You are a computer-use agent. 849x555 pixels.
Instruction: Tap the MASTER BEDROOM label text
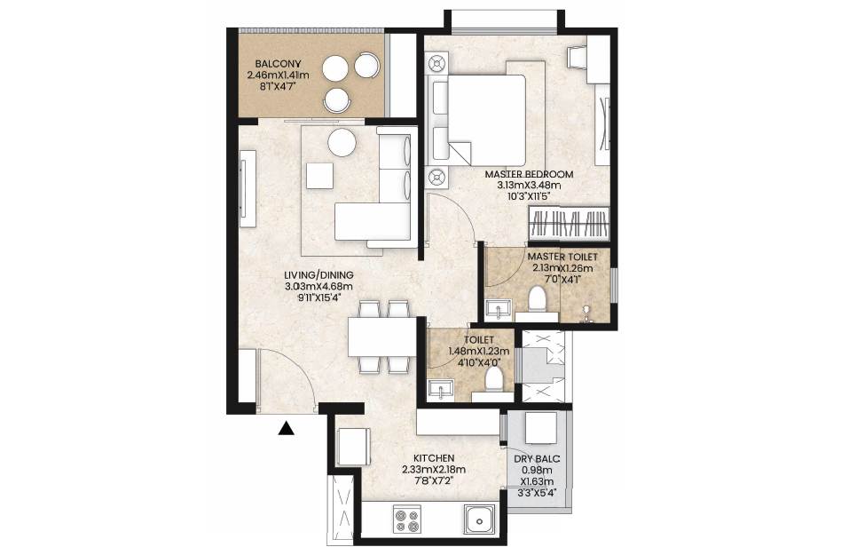[x=529, y=175]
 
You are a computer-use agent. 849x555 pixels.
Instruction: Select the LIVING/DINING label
[x=318, y=275]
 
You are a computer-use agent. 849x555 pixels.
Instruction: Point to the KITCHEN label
[x=434, y=458]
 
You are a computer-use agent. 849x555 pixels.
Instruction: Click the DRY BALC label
[x=537, y=459]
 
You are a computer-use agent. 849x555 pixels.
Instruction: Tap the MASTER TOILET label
[x=562, y=257]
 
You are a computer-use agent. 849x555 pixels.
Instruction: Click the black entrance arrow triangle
[x=287, y=429]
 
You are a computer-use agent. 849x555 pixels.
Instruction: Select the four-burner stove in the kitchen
[x=407, y=519]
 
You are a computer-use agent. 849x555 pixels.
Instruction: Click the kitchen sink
[x=479, y=519]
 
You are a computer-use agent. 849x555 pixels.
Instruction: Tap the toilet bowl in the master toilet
[x=537, y=299]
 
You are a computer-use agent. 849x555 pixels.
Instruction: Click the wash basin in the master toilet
[x=497, y=308]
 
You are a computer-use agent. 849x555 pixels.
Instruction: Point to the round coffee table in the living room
[x=342, y=143]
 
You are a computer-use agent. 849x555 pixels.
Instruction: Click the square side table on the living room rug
[x=319, y=176]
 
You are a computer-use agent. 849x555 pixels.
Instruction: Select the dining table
[x=382, y=337]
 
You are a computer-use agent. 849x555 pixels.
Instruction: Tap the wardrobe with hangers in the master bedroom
[x=569, y=223]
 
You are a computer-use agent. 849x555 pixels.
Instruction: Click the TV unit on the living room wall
[x=248, y=189]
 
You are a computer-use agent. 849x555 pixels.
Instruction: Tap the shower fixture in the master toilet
[x=585, y=313]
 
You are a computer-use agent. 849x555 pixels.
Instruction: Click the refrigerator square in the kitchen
[x=354, y=447]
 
